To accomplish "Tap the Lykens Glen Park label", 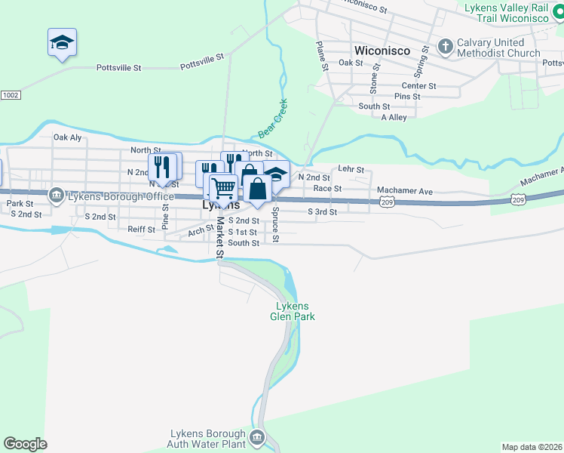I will pos(295,311).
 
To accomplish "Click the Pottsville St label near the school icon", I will pos(119,68).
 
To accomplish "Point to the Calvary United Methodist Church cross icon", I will pos(445,48).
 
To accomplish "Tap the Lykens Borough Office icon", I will pos(57,196).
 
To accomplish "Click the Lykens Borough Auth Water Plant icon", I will pos(257,439).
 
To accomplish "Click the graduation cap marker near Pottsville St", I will pos(63,42).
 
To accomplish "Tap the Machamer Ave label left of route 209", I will pos(406,192).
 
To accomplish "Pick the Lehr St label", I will pos(351,170).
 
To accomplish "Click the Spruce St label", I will pos(276,225).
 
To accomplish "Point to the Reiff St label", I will pos(141,229).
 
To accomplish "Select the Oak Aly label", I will pos(67,137).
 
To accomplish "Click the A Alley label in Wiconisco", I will pos(394,118).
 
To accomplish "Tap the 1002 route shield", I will pos(10,95).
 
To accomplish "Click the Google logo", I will pos(25,444).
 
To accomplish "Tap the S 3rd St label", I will pos(322,212).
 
